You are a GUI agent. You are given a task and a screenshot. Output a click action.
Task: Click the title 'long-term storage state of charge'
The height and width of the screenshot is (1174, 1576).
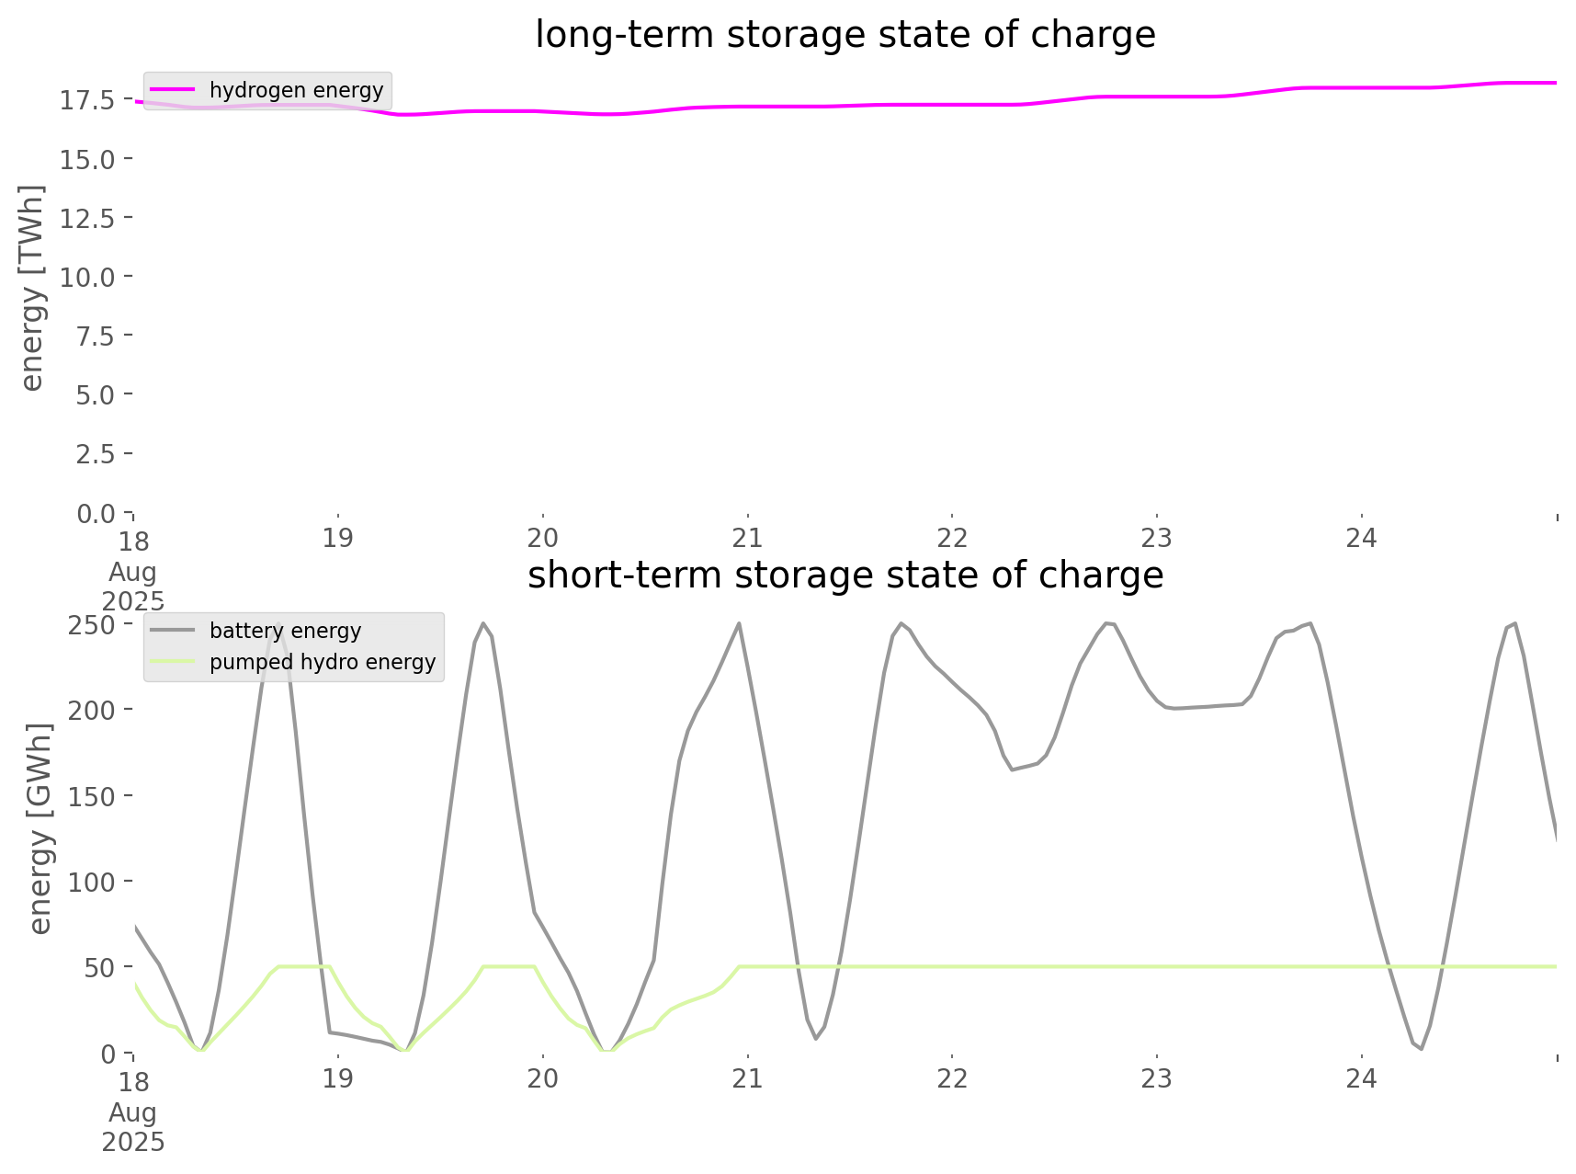point(845,35)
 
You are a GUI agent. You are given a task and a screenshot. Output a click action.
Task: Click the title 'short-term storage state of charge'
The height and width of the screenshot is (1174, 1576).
point(845,576)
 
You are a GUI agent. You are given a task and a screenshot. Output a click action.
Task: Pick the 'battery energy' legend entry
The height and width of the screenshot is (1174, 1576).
point(285,631)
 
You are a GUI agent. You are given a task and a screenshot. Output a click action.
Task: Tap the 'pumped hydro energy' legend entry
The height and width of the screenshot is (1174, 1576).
point(322,662)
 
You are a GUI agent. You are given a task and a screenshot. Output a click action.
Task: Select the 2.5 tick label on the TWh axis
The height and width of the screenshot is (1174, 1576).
point(95,454)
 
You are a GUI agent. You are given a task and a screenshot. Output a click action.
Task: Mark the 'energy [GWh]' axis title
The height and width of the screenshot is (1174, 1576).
point(40,828)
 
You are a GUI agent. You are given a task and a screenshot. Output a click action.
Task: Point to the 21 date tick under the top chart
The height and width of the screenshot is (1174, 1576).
point(748,539)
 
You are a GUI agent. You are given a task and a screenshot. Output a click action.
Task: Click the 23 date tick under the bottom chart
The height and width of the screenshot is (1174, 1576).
point(1157,1078)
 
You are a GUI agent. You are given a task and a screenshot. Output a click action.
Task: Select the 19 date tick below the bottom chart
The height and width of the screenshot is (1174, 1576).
point(338,1078)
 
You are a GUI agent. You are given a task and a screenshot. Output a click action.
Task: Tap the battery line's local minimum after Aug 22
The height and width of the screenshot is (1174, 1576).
point(1013,769)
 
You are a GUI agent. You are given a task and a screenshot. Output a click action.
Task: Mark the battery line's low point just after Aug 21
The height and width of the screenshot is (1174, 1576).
point(815,1038)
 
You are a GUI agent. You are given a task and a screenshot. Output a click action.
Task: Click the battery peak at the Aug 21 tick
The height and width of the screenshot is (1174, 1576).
point(740,624)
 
